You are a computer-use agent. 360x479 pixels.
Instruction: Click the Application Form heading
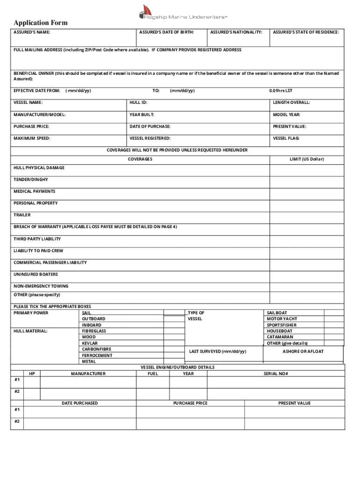tap(41, 23)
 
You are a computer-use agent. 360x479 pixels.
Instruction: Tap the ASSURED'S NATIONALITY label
tap(236, 32)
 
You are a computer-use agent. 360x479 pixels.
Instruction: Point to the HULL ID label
tap(138, 102)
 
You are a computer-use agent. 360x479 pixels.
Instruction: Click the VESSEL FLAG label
tap(286, 138)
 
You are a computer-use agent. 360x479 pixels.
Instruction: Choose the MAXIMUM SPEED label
tap(32, 138)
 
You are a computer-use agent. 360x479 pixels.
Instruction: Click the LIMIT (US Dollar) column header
tap(307, 160)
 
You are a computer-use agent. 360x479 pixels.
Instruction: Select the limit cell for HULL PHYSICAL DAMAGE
tap(307, 170)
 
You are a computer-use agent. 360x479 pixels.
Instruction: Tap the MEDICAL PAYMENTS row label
tap(35, 191)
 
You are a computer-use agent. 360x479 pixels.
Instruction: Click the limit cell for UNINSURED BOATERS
tap(307, 276)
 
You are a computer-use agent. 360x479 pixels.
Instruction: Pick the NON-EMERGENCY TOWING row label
tap(41, 286)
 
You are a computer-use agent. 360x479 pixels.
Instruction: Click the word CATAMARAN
tap(280, 337)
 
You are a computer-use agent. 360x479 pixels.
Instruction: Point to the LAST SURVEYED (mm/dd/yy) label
tap(217, 351)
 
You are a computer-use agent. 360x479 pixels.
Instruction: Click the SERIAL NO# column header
tap(276, 374)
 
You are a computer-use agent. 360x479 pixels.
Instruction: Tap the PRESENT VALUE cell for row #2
tap(295, 423)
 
